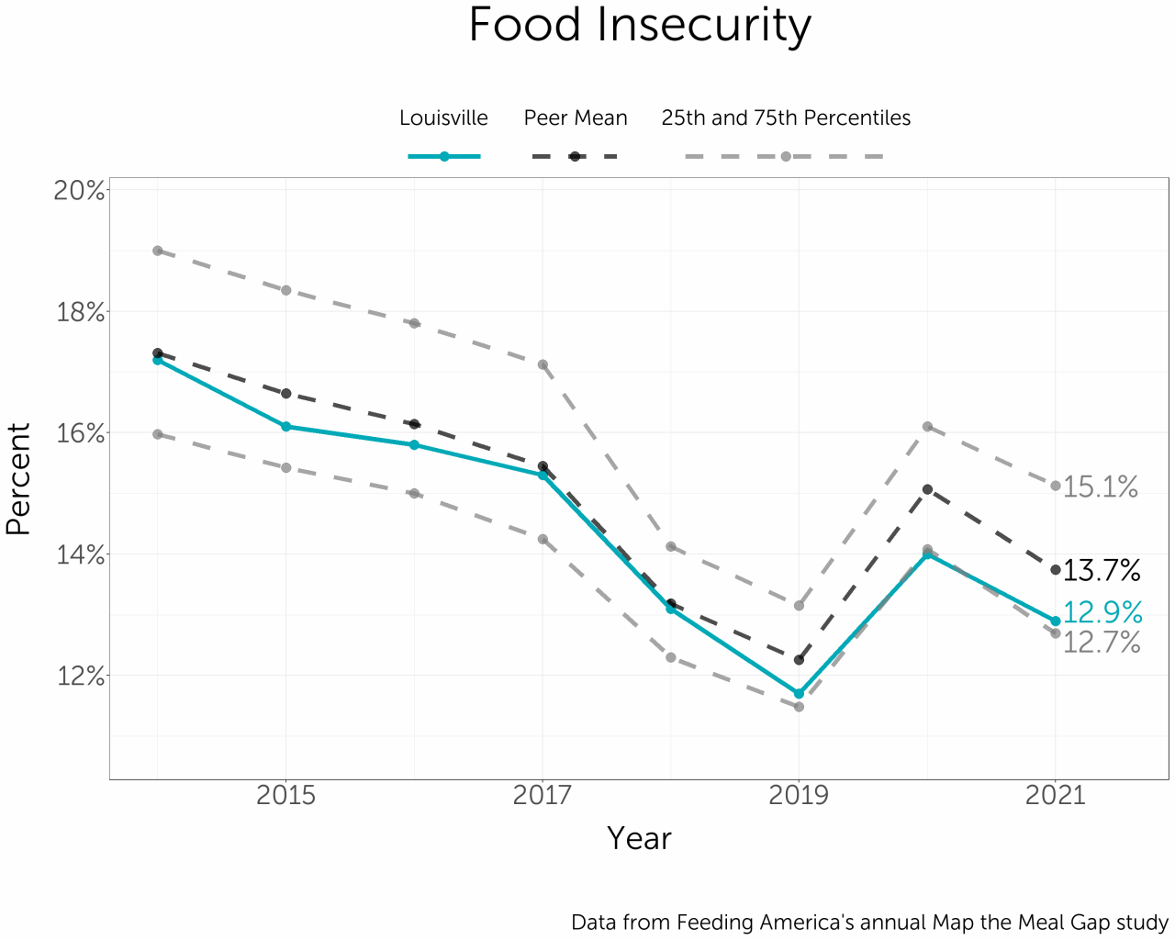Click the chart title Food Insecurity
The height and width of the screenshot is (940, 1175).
(x=640, y=26)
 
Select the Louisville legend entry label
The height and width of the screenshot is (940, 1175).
(x=443, y=118)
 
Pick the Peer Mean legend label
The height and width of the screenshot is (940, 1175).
(x=576, y=118)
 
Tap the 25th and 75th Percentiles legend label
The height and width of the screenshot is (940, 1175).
(x=786, y=118)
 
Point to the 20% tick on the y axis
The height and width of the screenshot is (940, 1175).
(x=81, y=190)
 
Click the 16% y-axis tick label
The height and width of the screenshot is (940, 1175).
(x=81, y=433)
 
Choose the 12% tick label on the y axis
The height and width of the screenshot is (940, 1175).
(x=81, y=677)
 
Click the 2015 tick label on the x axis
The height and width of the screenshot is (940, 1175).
(x=285, y=795)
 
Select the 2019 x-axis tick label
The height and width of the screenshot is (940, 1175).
(x=799, y=795)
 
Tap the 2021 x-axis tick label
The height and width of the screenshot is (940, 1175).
(x=1055, y=795)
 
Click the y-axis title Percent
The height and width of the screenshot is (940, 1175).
(x=18, y=478)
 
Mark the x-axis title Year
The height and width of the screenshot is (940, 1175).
(x=639, y=838)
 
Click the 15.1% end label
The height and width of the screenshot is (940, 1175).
(x=1101, y=487)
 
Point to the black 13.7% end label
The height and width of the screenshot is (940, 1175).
(x=1102, y=571)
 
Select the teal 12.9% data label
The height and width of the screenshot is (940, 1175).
(x=1102, y=612)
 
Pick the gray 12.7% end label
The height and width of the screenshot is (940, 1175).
(x=1102, y=643)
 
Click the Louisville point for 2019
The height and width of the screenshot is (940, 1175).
(x=799, y=693)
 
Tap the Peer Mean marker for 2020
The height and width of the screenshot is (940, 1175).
(x=927, y=489)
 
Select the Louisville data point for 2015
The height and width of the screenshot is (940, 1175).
(x=285, y=426)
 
